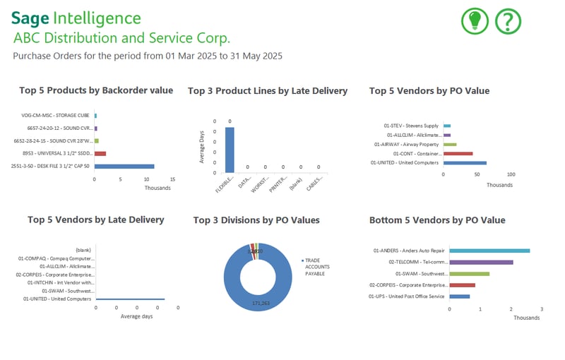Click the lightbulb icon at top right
(x=475, y=21)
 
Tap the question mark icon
(x=509, y=21)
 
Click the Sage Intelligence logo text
(x=76, y=18)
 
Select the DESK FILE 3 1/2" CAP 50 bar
(x=124, y=167)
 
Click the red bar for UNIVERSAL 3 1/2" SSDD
(x=100, y=153)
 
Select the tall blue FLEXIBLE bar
(x=230, y=149)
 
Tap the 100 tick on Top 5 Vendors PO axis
(x=511, y=174)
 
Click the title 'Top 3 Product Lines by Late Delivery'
(x=268, y=91)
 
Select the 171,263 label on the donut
(x=257, y=302)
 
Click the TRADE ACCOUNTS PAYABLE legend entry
(x=316, y=268)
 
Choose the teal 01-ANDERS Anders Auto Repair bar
(x=489, y=251)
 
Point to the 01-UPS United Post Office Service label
(x=406, y=296)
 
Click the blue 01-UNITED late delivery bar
(x=130, y=299)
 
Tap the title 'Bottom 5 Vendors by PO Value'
(x=437, y=220)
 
